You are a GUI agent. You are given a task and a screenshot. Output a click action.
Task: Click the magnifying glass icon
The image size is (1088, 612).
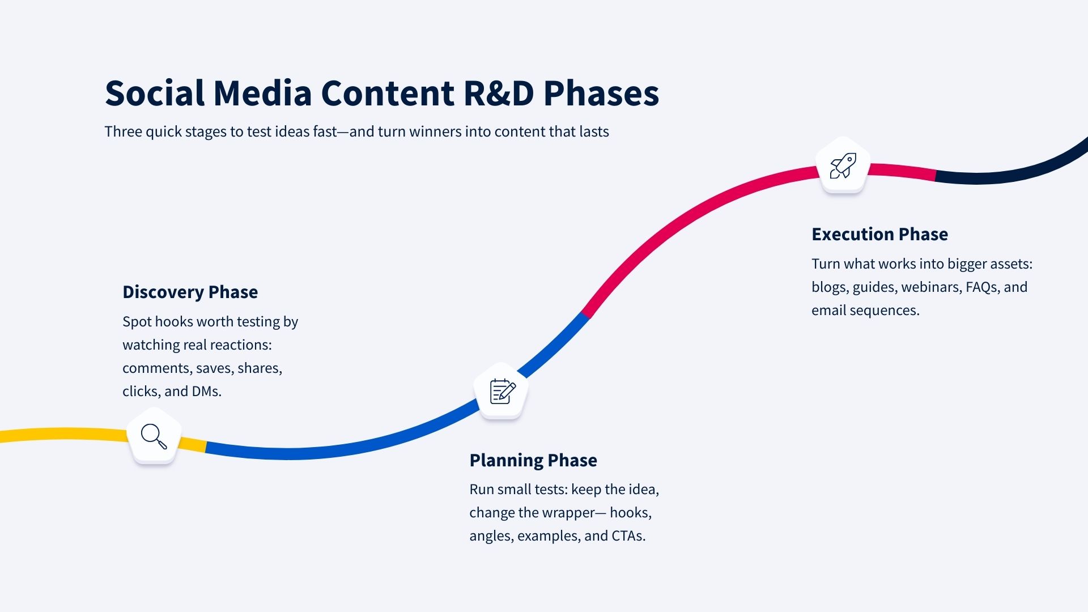tap(154, 436)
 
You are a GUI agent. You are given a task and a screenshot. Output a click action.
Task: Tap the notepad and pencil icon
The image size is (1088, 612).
tap(503, 391)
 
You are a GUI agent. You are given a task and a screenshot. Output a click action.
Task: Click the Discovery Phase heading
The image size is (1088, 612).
tap(190, 292)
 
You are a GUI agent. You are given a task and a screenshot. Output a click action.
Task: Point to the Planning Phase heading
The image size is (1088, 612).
tap(533, 460)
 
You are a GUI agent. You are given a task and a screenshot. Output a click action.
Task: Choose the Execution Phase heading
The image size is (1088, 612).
tap(879, 234)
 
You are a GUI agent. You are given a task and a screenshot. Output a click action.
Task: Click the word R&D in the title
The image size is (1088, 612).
tap(499, 93)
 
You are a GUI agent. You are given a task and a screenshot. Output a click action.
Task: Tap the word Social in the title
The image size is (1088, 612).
tap(155, 93)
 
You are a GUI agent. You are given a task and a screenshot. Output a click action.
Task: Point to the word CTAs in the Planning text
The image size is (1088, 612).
tap(628, 535)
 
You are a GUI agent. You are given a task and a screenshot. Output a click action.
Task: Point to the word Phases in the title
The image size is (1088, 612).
tap(601, 93)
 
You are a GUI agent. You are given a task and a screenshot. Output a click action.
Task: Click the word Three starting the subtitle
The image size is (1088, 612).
tap(123, 131)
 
